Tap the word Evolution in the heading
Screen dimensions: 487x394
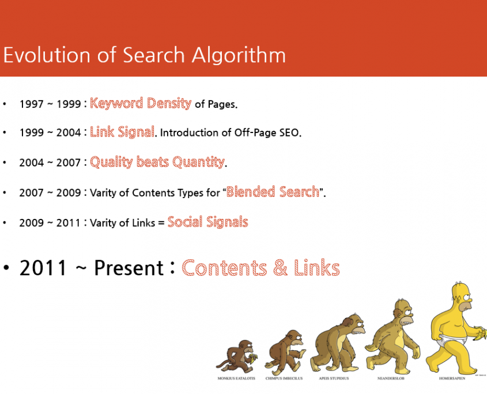(47, 55)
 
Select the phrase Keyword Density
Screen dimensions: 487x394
(141, 103)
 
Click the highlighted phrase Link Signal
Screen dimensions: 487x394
(122, 132)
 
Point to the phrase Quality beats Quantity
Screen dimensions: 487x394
(157, 162)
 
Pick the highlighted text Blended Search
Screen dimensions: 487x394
(273, 192)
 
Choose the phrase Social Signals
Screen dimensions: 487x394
(207, 222)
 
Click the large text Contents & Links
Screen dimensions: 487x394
(261, 268)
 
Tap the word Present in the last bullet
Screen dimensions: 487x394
(129, 268)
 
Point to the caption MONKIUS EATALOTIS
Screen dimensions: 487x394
(236, 378)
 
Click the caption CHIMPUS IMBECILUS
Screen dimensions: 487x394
(284, 378)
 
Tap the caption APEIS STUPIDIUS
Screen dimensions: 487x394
(334, 378)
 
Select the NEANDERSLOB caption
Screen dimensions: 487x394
(391, 378)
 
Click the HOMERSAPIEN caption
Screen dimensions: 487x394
(452, 378)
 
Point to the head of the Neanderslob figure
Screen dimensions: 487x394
(403, 312)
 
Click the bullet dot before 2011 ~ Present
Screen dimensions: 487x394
(6, 268)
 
